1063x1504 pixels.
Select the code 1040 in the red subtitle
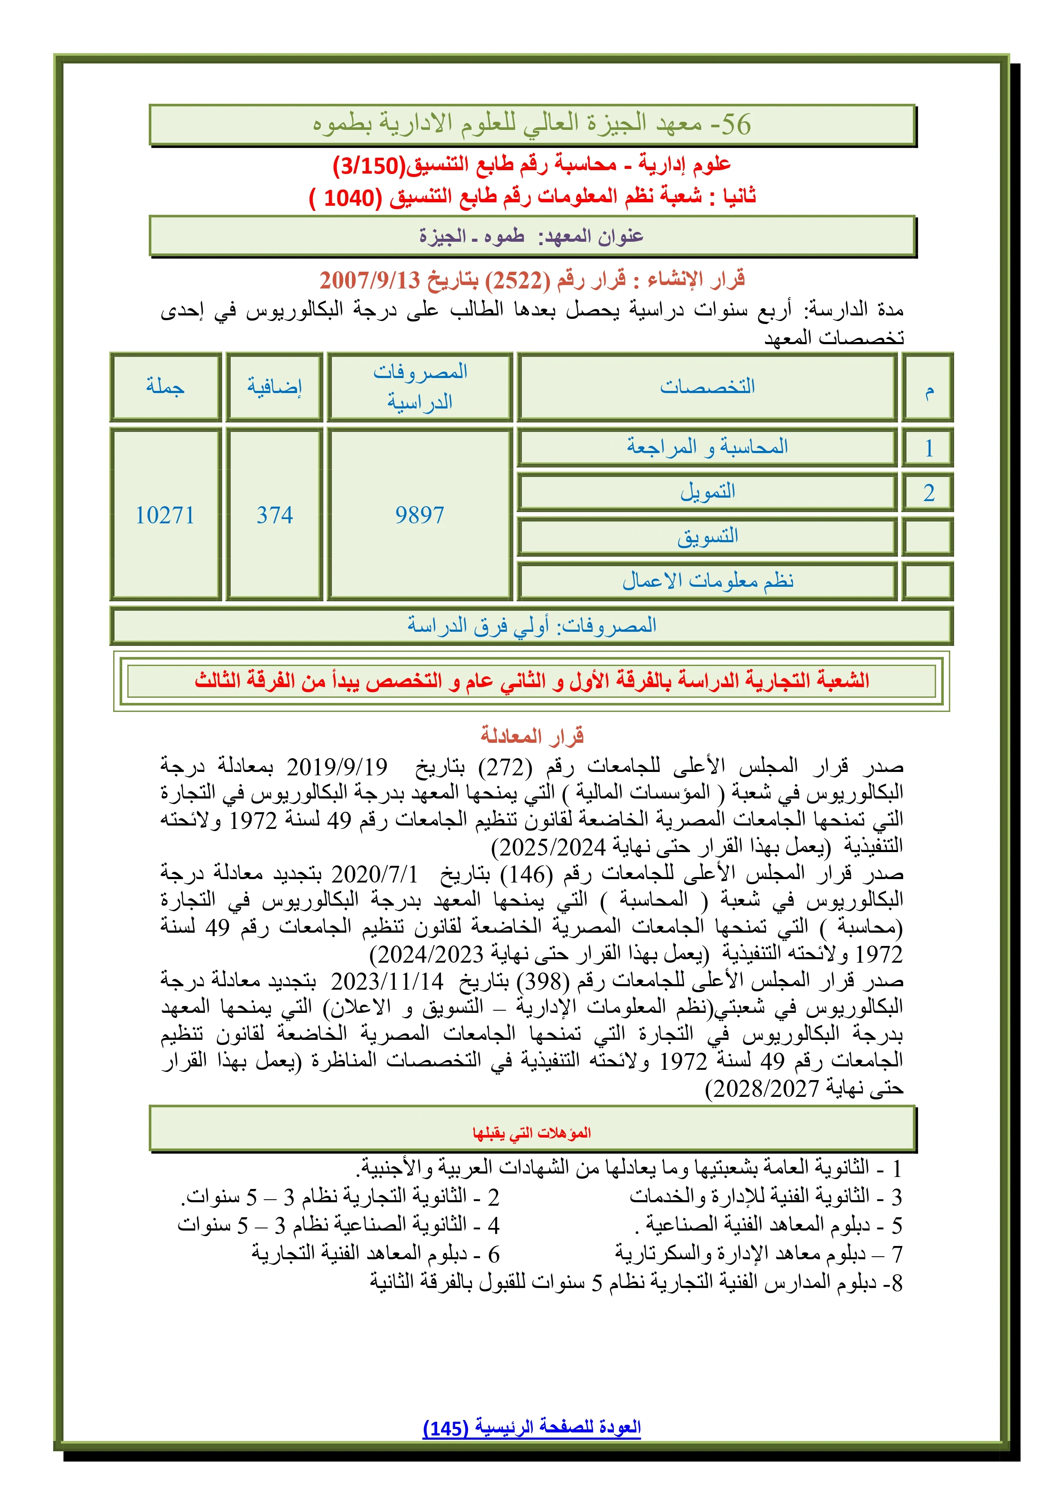(x=352, y=197)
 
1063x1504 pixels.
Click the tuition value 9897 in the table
(x=419, y=515)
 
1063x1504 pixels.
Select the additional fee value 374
(x=274, y=515)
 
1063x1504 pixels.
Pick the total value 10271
(x=165, y=515)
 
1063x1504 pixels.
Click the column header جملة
(x=165, y=387)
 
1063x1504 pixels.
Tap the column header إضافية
(x=274, y=387)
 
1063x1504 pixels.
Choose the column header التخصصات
(x=707, y=387)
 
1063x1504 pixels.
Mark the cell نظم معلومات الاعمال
(x=707, y=580)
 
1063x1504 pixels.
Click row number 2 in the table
(x=928, y=492)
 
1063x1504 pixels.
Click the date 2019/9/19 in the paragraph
(x=336, y=766)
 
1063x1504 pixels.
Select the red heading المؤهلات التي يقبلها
(x=532, y=1132)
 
